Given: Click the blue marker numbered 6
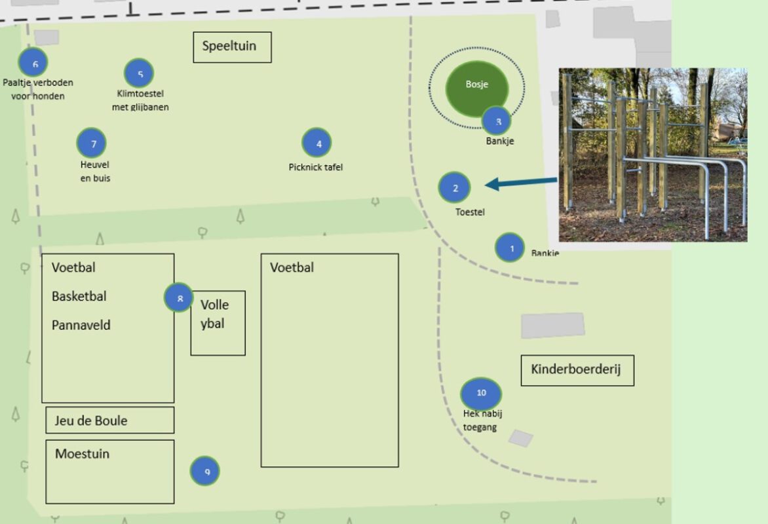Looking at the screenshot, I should click(33, 63).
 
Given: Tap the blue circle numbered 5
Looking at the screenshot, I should click(138, 73).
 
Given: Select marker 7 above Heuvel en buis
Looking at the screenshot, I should click(92, 143).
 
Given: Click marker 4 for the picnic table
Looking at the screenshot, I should click(317, 143).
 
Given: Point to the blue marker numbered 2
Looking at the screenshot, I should click(455, 187).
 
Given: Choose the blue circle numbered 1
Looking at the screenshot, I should click(510, 248).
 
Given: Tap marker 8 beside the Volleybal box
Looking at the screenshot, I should click(179, 298).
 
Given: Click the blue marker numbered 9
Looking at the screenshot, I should click(205, 471).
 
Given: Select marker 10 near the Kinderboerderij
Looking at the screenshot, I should click(482, 393).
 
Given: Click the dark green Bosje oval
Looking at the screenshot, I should click(476, 86).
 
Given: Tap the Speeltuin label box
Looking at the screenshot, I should click(232, 47).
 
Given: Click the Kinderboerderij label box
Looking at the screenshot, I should click(577, 371).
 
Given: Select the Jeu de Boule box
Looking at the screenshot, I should click(109, 421).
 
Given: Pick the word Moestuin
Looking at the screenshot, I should click(82, 454).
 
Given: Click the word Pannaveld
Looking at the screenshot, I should click(81, 326).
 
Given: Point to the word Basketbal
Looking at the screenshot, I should click(79, 297).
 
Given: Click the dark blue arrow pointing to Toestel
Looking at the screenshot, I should click(521, 184).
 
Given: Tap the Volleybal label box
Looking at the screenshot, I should click(218, 322).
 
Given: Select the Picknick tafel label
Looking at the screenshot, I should click(316, 167).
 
